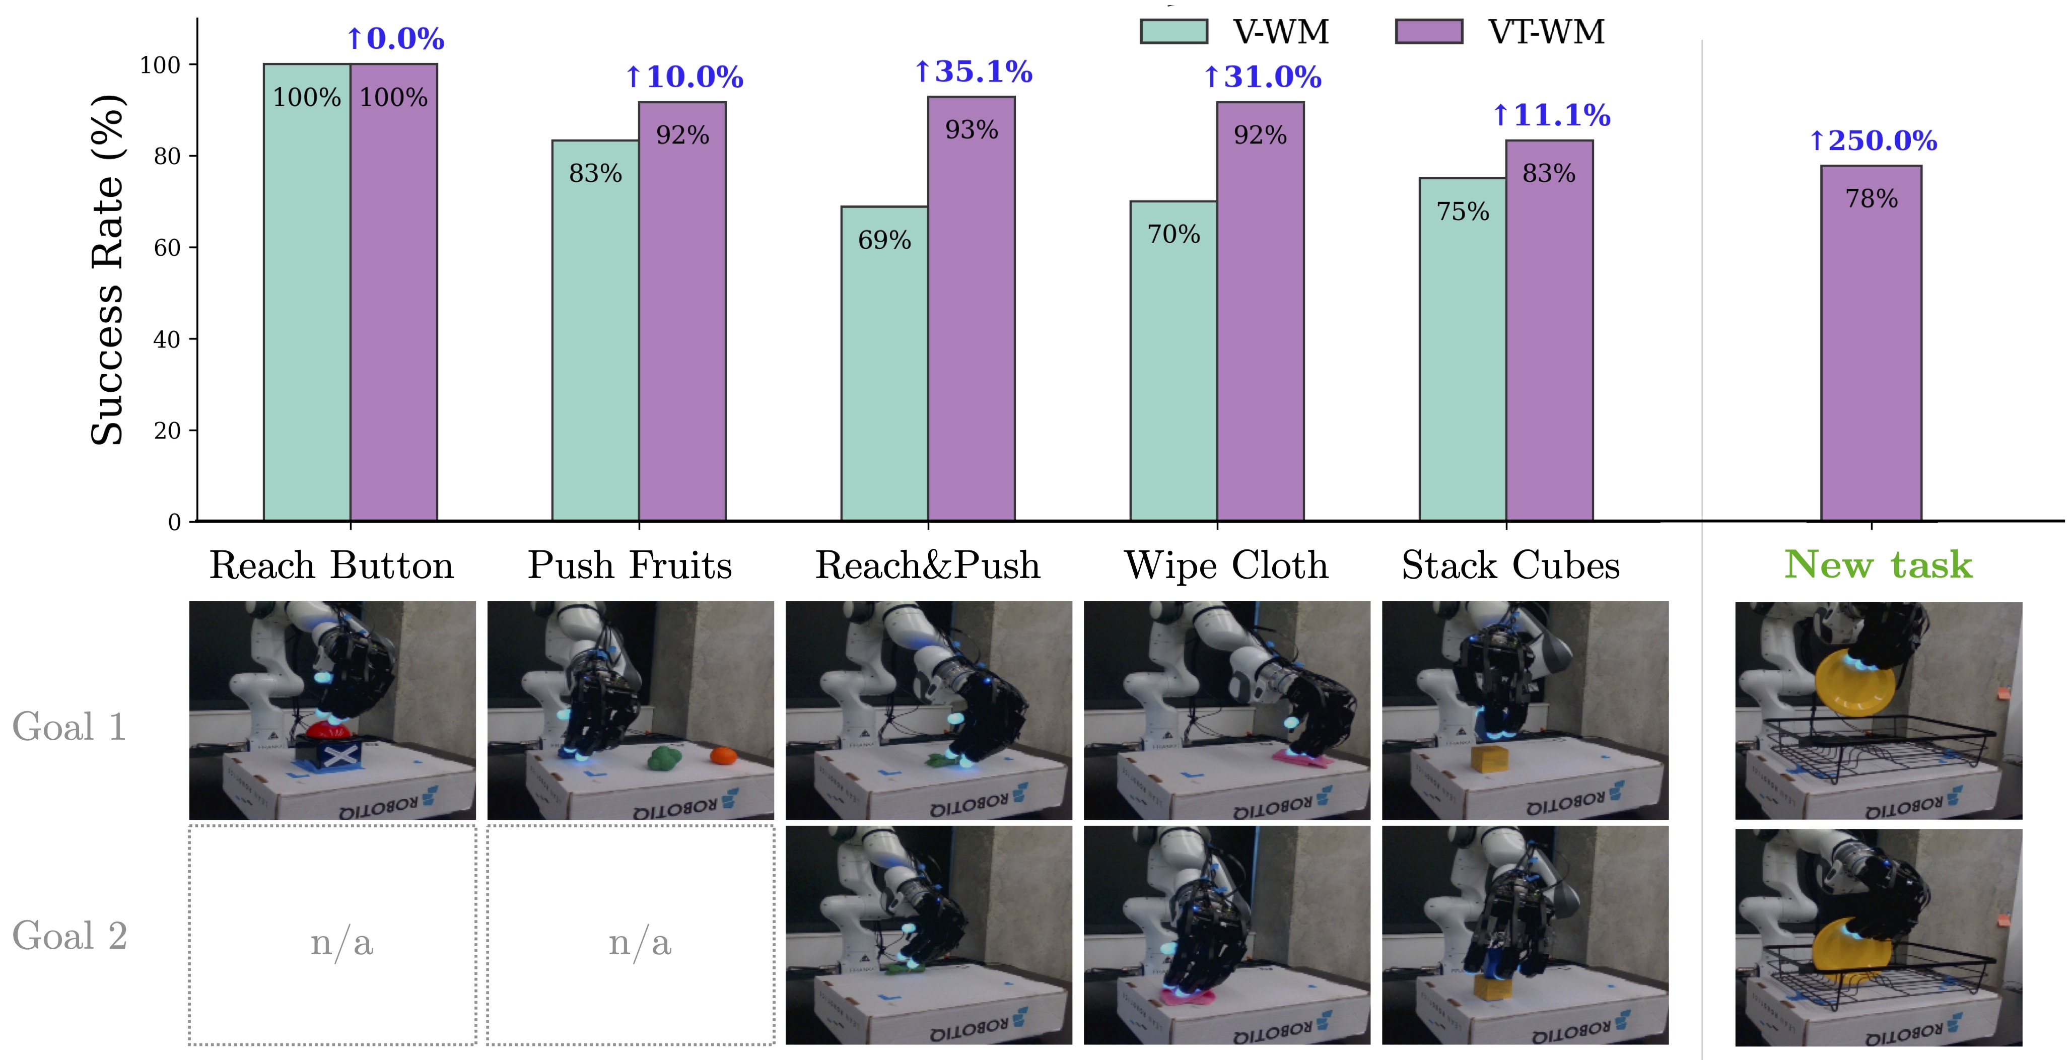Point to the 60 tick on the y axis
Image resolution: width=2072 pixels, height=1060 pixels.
tap(167, 248)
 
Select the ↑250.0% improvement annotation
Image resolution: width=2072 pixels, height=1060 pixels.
tap(1873, 140)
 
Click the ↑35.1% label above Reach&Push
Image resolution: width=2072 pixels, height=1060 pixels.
tap(973, 72)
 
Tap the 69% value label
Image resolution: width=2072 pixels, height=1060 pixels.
tap(884, 240)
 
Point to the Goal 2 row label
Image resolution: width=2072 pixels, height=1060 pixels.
tap(70, 935)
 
